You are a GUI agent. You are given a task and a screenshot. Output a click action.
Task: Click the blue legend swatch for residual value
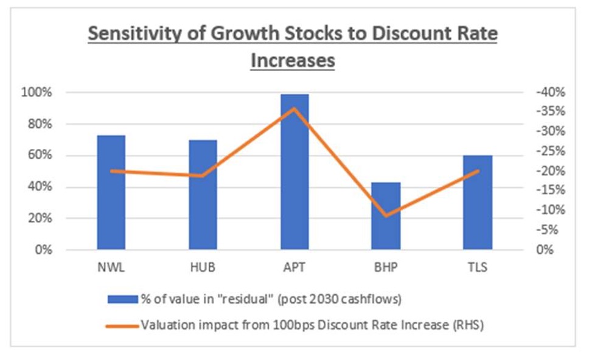click(121, 299)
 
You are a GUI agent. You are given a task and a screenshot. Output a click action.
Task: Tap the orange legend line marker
click(121, 325)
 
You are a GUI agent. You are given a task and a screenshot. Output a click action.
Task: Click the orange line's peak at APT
click(294, 108)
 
